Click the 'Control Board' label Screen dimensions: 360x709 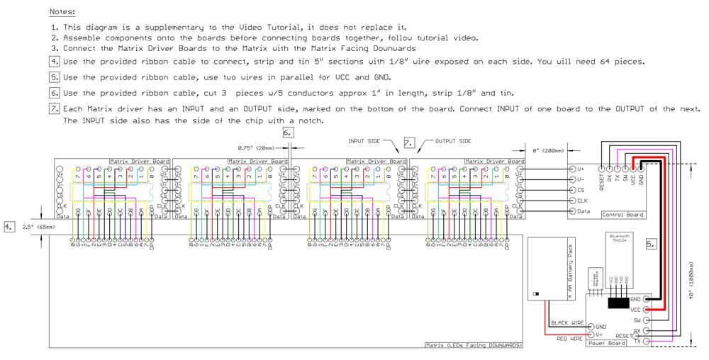click(623, 215)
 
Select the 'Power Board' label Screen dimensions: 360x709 click(607, 344)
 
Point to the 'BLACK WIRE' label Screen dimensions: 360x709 click(568, 323)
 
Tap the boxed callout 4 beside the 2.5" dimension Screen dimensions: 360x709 click(9, 227)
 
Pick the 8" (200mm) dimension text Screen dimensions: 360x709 click(548, 151)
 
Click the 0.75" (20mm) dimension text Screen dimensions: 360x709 click(255, 148)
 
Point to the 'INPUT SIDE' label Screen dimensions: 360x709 click(365, 141)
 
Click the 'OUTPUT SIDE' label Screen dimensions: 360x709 click(453, 141)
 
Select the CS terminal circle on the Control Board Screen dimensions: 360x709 click(572, 190)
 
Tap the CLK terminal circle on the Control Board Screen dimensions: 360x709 click(572, 201)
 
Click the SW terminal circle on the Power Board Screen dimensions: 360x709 click(646, 320)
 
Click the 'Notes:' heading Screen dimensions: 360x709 click(62, 12)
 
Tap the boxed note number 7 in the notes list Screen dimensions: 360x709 click(54, 108)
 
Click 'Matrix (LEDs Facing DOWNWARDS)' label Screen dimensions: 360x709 click(474, 345)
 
